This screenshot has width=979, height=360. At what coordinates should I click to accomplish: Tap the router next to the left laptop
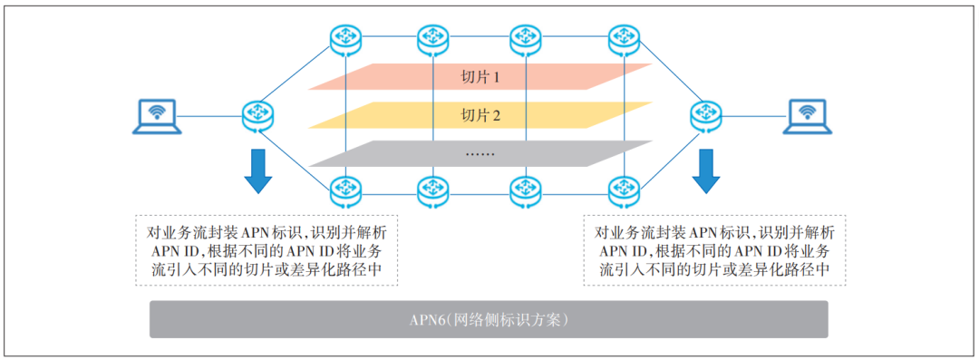[258, 115]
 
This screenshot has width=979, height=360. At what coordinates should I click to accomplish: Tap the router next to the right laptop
[705, 115]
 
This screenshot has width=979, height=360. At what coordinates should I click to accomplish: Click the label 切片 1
[481, 77]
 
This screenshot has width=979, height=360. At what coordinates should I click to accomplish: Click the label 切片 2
[481, 115]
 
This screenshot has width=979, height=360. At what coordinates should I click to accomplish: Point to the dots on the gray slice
[480, 153]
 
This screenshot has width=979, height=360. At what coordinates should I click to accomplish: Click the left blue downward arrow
[258, 173]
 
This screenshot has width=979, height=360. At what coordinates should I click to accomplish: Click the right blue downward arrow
[705, 173]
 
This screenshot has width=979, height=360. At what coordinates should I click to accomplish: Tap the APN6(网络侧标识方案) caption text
[489, 320]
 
